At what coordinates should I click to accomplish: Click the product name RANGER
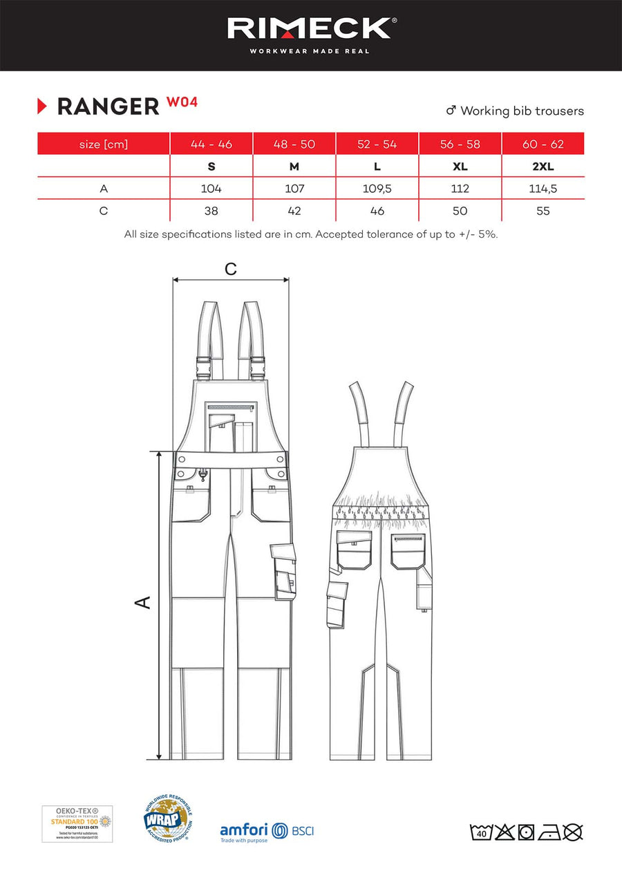coord(108,106)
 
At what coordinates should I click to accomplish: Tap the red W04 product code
coord(182,102)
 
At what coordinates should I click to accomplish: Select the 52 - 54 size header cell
coord(377,144)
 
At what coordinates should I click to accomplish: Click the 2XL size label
coord(543,167)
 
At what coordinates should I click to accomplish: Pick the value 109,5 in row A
coord(377,188)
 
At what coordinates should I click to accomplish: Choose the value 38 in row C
coord(211,211)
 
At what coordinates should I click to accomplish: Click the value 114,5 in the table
coord(543,188)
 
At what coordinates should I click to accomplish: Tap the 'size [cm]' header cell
coord(104,144)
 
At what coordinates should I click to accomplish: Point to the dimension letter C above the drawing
coord(231,269)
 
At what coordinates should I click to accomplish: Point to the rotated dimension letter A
coord(142,602)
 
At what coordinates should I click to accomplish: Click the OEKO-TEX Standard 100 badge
coord(77,823)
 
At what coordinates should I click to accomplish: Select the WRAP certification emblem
coord(167,821)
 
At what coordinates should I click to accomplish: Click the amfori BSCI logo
coord(266,831)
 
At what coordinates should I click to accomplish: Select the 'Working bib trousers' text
coord(522,111)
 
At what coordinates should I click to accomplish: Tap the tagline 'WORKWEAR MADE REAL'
coord(310,51)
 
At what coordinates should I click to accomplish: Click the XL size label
coord(460,167)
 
